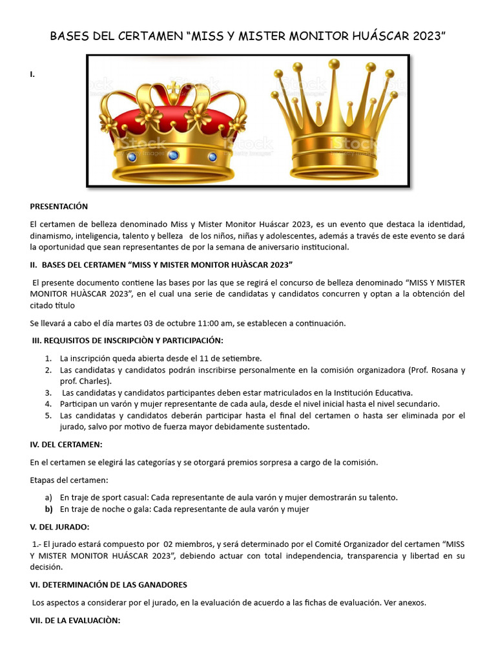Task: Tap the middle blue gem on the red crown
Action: coord(173,155)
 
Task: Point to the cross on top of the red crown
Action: coord(173,88)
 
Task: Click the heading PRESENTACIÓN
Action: coord(59,206)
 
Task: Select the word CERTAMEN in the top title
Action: coord(150,36)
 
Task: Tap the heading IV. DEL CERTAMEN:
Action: coord(66,445)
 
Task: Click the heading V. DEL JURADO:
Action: coord(60,527)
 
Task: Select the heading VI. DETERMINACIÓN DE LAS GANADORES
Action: coord(108,584)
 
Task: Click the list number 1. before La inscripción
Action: coord(48,358)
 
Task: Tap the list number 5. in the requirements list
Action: coord(48,416)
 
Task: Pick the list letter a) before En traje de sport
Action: coord(48,497)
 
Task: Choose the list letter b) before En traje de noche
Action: coord(48,509)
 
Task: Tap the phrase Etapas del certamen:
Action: coord(69,480)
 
